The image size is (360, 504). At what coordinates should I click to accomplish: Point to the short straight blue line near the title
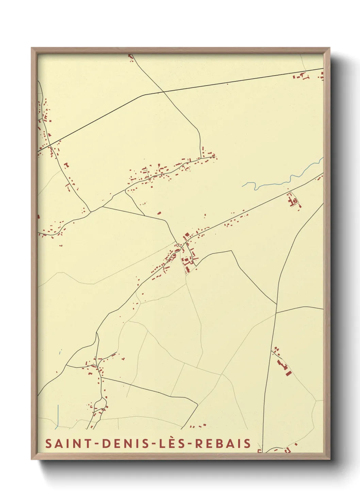pos(58,415)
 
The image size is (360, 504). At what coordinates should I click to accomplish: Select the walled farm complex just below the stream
pos(293,201)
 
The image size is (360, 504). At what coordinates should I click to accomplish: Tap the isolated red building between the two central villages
pos(159,213)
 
